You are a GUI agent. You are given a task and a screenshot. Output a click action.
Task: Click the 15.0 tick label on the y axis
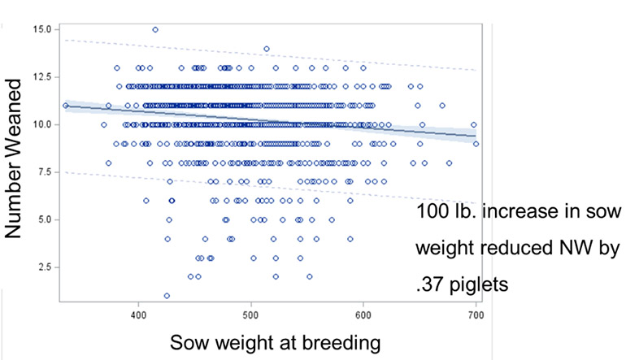42,29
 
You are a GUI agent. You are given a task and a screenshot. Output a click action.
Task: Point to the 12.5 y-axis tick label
42,77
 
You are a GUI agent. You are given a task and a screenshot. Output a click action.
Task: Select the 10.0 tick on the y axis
42,124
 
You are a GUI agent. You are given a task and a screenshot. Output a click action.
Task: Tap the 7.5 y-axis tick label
45,172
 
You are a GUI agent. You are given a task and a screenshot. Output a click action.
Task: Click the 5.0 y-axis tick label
45,219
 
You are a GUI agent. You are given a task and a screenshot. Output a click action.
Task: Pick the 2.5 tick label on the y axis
45,267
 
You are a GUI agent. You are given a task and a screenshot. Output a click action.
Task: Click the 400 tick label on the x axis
138,315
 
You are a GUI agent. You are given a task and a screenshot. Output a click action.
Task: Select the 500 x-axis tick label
251,315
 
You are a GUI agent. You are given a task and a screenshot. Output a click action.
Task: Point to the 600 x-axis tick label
363,315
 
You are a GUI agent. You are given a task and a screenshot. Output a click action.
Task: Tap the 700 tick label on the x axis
476,315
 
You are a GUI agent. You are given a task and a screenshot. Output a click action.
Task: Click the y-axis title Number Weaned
13,158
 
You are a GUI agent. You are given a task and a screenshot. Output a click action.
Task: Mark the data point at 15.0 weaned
155,29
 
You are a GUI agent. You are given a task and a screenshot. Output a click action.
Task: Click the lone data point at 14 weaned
267,49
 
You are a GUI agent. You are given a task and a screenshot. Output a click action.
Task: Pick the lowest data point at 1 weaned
167,296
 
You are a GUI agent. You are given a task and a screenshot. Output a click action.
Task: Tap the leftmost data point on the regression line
66,106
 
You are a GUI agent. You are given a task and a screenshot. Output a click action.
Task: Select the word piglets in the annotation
479,285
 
